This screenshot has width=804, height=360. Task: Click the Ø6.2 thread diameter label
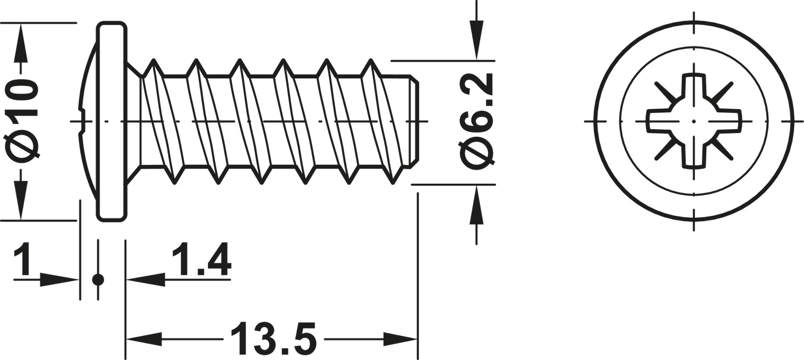point(477,119)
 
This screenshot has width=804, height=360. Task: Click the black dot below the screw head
point(98,279)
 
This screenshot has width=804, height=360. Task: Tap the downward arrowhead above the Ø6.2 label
point(476,40)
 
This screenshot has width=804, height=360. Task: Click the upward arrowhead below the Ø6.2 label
point(476,205)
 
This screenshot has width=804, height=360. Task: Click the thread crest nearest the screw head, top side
point(154,62)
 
